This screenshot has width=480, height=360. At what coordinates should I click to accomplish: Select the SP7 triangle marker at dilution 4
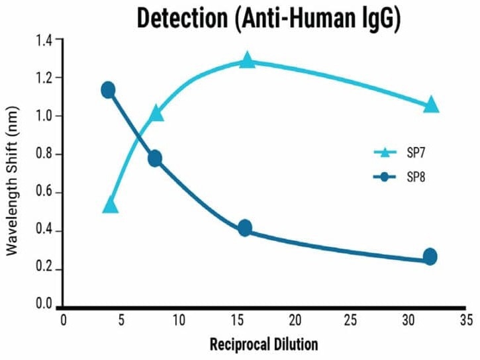click(x=111, y=206)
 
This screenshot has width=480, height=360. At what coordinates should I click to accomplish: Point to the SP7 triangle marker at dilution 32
click(x=432, y=105)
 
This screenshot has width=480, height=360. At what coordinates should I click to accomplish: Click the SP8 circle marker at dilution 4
click(x=109, y=90)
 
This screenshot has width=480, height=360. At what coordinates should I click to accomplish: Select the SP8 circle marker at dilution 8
click(x=155, y=158)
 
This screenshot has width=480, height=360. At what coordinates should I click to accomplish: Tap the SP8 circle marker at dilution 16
click(x=245, y=228)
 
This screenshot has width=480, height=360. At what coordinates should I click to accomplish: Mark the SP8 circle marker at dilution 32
click(x=430, y=257)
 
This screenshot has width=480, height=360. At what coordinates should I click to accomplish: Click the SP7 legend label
click(x=414, y=152)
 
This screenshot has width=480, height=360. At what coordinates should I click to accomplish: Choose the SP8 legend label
click(x=414, y=177)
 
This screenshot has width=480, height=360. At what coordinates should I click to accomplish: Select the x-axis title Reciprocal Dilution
click(x=264, y=345)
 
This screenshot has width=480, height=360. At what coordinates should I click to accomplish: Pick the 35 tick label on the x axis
click(x=466, y=320)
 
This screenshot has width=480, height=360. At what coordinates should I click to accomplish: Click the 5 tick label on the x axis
click(x=120, y=320)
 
